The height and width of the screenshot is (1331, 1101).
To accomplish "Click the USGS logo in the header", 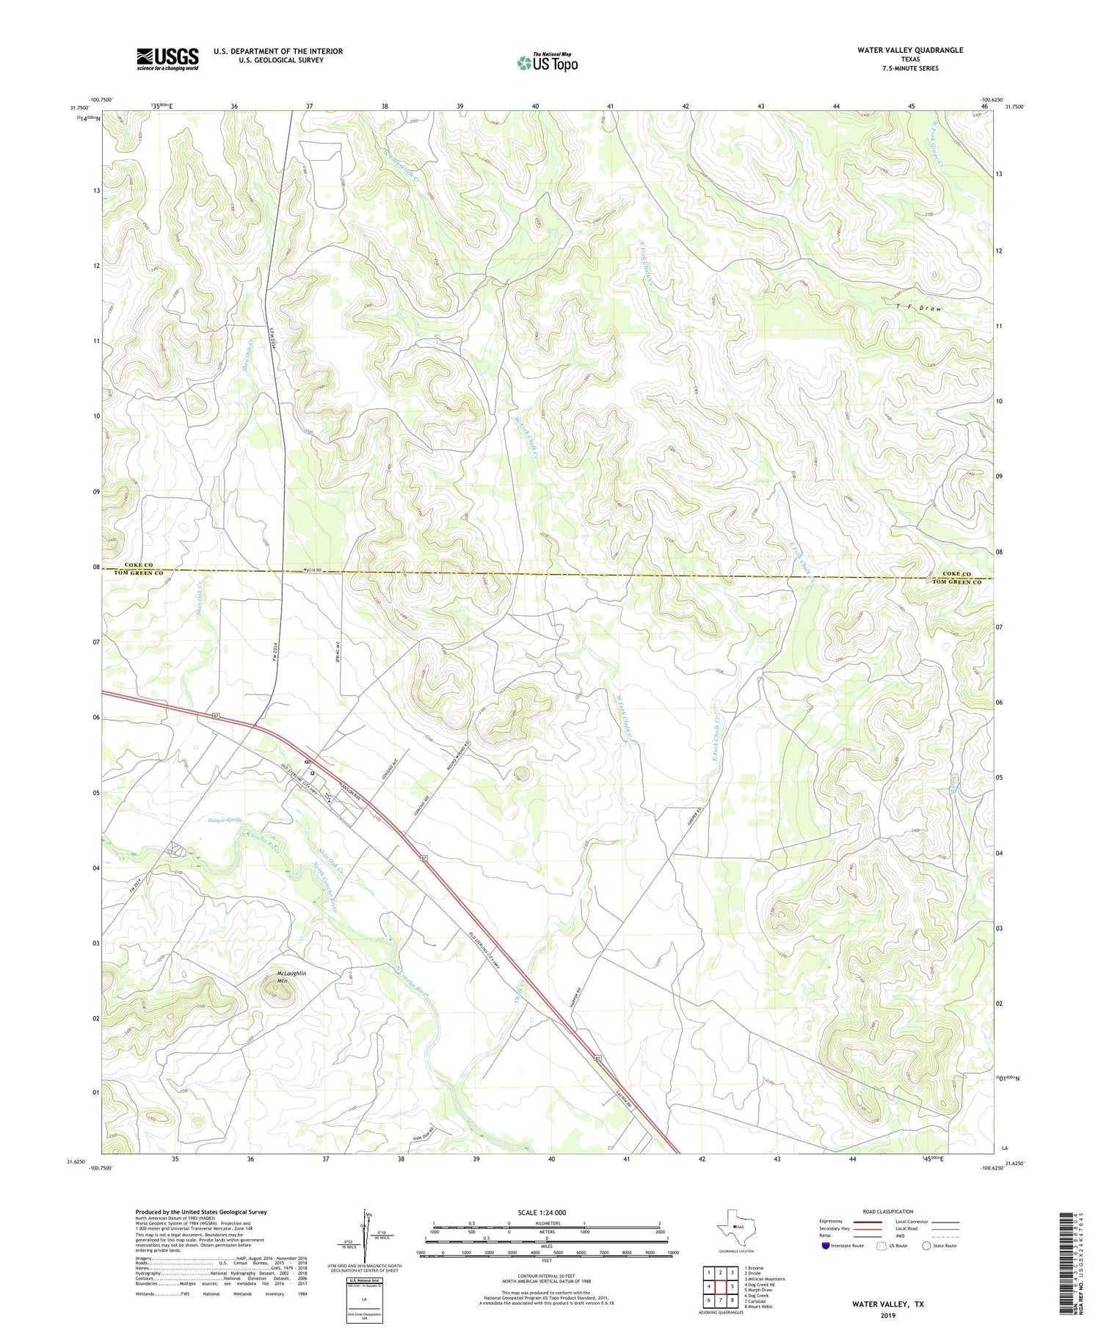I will [167, 59].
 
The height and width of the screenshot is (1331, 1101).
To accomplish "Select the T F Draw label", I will [918, 308].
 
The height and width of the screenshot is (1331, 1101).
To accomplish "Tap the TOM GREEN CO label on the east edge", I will [956, 582].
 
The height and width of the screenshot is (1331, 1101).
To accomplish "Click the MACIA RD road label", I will [311, 570].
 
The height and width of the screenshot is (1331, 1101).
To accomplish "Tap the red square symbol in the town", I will [312, 772].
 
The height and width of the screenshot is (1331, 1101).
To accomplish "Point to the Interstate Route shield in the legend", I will [826, 1246].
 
